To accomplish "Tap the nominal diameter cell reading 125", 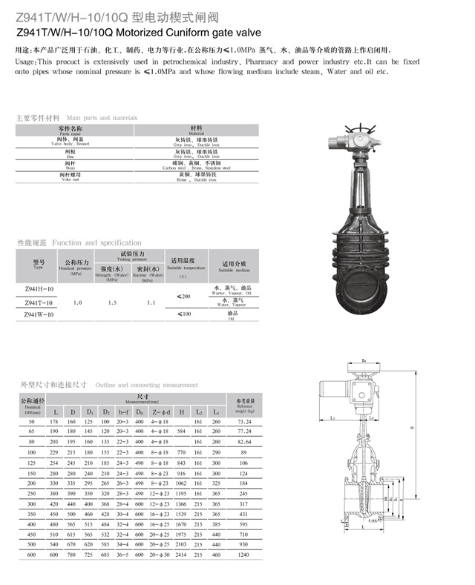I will pyautogui.click(x=32, y=463).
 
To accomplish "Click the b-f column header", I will pyautogui.click(x=123, y=412).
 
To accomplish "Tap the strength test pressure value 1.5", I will pyautogui.click(x=112, y=303).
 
